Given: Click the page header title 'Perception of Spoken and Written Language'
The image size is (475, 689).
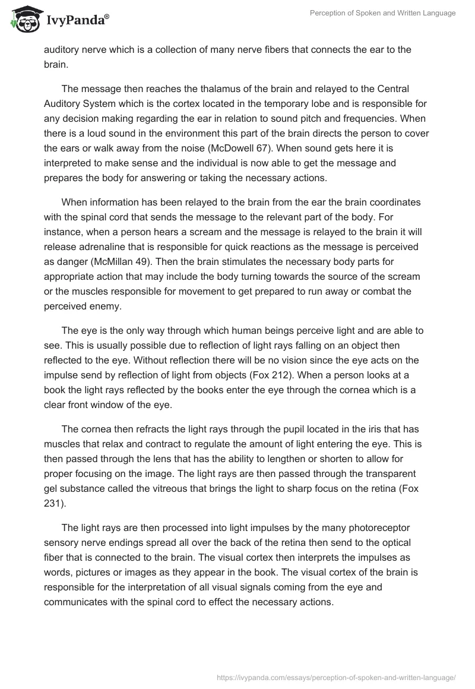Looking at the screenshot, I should [x=382, y=13].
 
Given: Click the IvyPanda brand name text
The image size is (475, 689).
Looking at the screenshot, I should [x=77, y=19].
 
